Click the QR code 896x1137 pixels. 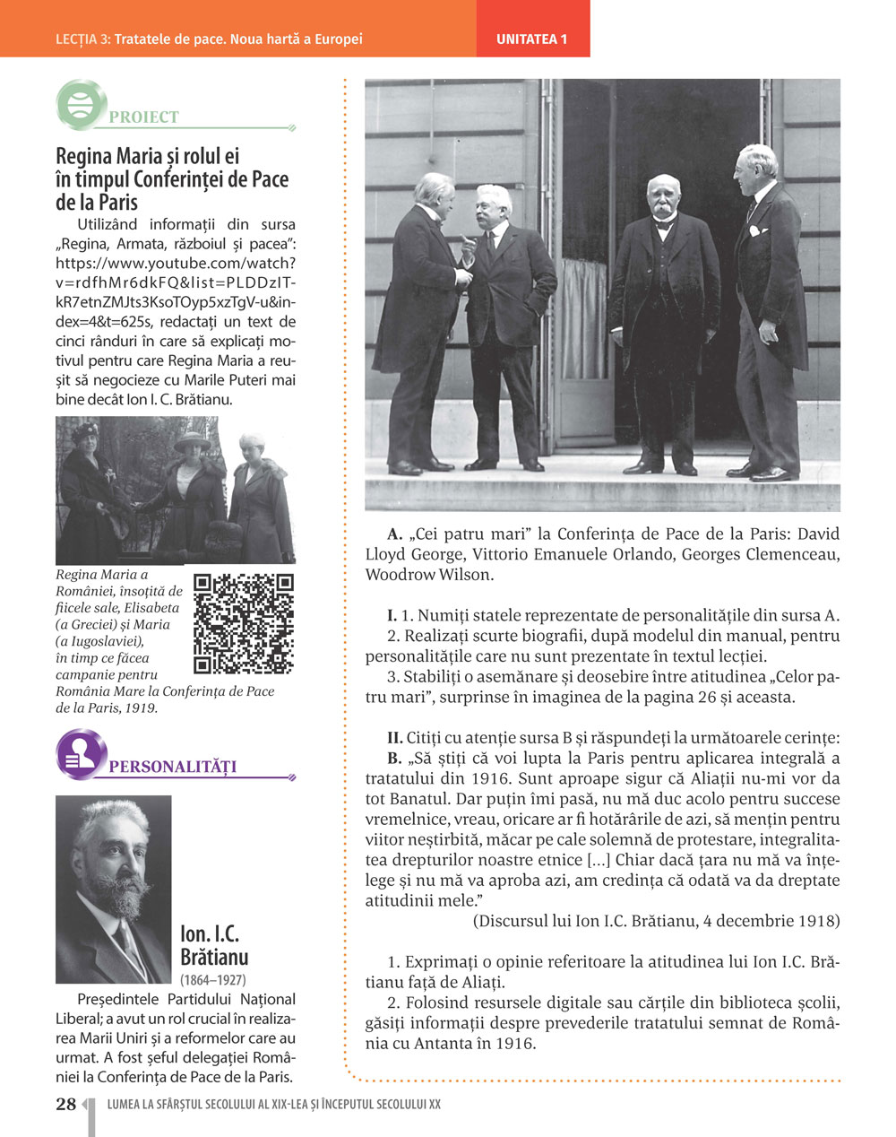244,623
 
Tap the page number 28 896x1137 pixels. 66,1104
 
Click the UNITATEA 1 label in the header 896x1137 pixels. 532,39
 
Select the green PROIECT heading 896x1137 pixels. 143,117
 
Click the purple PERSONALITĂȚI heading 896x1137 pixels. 172,767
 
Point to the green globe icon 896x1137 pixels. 81,103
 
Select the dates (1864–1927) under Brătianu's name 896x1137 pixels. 213,980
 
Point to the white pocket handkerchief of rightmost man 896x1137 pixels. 757,231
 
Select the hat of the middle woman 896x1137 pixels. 192,442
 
